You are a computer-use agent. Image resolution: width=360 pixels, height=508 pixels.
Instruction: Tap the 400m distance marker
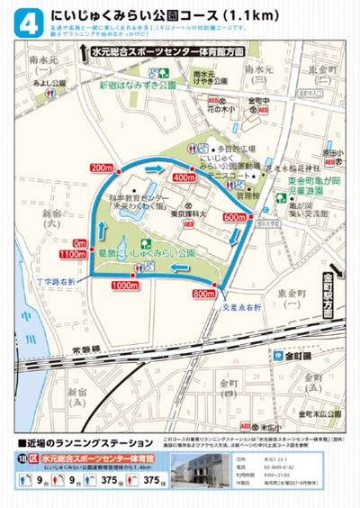209,178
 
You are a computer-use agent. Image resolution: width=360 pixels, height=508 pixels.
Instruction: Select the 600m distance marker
259,217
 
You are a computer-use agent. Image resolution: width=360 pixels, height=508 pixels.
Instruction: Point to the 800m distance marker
202,294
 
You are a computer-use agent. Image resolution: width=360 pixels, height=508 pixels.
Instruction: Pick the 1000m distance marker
125,286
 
